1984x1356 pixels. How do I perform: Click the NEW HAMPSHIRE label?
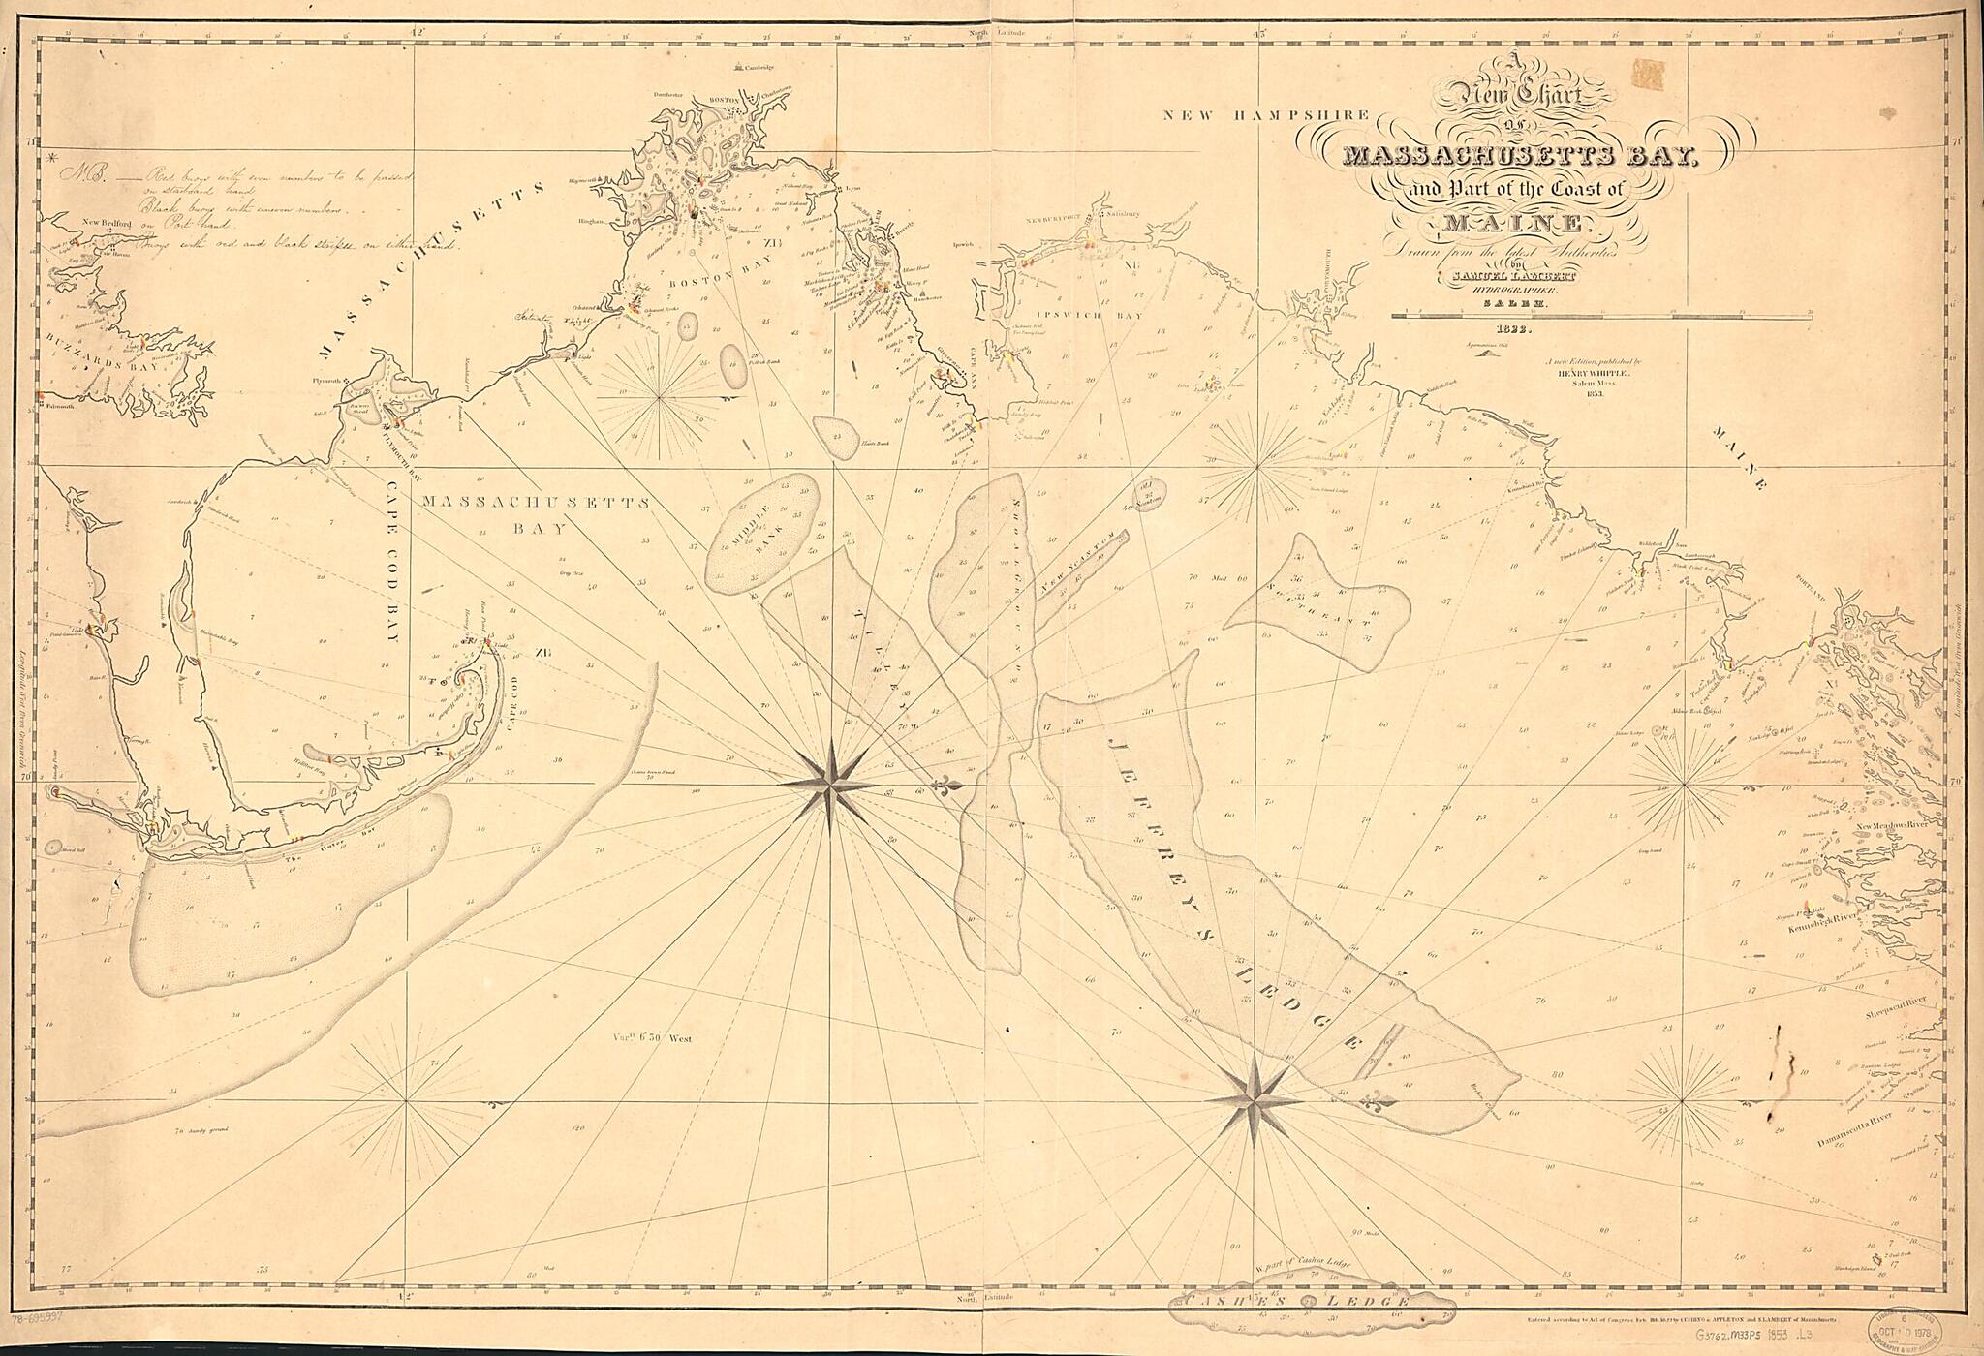[x=1267, y=115]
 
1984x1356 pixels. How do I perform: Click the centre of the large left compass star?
[x=830, y=785]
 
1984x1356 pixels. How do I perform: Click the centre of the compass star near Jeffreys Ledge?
[x=1255, y=1098]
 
